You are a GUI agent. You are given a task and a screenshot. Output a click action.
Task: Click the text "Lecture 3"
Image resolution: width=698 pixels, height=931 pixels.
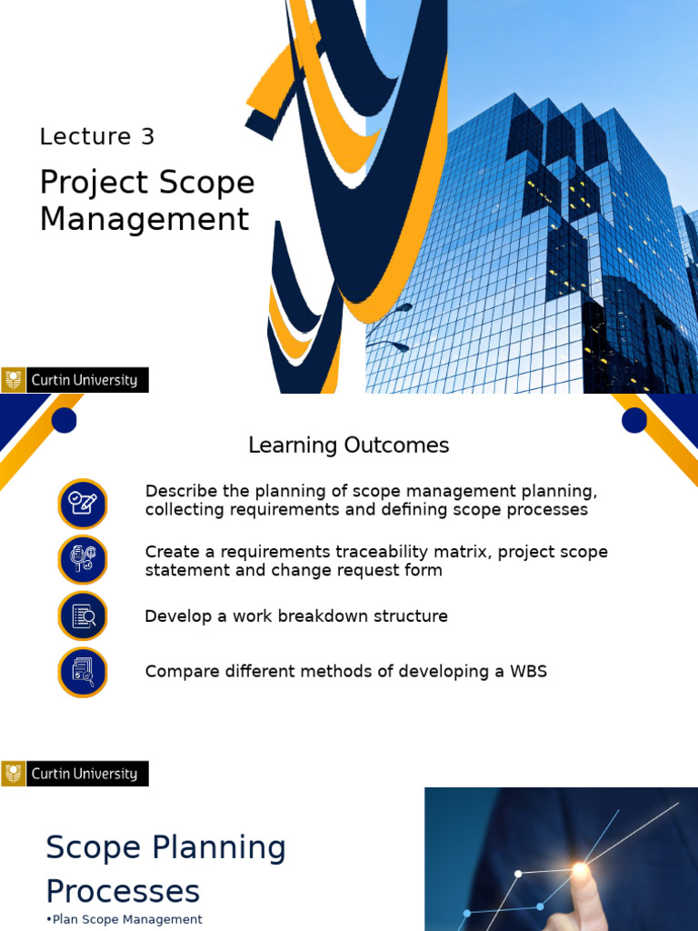(97, 137)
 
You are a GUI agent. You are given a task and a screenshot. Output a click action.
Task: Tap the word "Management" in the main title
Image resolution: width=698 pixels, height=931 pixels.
(145, 219)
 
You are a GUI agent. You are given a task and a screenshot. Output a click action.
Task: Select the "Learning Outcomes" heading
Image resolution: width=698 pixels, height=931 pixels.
(349, 445)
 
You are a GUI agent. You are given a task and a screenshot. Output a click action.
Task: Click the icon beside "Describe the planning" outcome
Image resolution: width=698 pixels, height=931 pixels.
(83, 504)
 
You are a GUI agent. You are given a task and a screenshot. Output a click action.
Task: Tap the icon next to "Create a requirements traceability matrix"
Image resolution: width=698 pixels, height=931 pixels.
(83, 560)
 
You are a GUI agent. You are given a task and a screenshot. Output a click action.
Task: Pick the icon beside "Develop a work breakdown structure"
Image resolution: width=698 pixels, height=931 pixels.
(83, 616)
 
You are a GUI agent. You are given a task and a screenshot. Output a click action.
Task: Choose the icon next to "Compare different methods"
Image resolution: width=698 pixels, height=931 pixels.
(83, 673)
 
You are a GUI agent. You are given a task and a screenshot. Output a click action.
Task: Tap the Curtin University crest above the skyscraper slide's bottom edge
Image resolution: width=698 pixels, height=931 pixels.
(14, 380)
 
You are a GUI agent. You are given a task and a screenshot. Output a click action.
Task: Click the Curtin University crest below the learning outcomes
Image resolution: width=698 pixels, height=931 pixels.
(14, 774)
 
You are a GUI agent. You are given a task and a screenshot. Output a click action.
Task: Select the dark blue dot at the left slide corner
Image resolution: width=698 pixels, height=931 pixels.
(64, 420)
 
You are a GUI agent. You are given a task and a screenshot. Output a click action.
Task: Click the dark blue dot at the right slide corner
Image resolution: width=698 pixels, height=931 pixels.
(634, 420)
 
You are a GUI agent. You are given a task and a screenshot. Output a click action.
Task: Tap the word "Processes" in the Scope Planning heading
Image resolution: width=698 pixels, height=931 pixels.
(123, 890)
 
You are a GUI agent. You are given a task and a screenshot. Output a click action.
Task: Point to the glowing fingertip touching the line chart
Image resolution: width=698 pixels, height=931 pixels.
(579, 871)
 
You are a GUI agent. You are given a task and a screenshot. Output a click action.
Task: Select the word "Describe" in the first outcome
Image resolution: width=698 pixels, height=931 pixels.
(176, 492)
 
